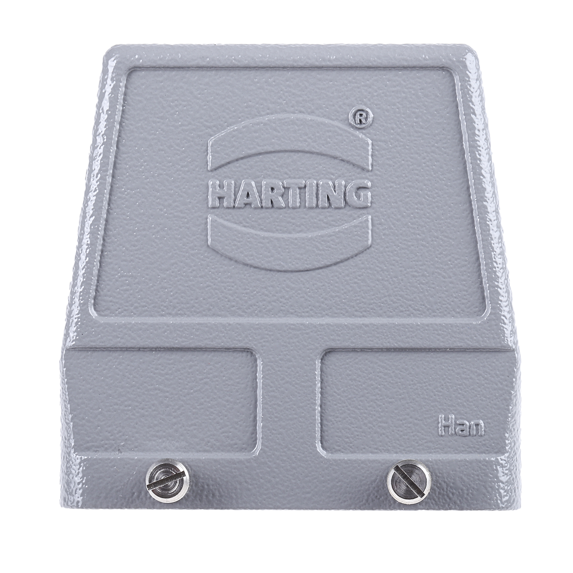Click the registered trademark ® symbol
coord(360,118)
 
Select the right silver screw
coord(409,482)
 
